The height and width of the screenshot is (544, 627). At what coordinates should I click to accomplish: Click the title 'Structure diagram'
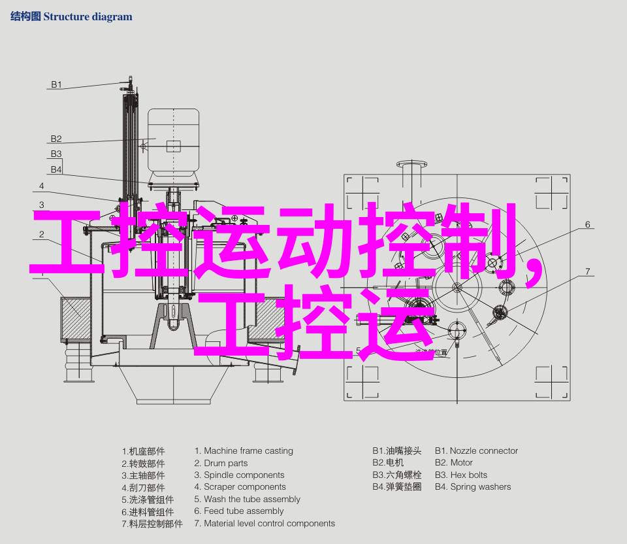(88, 17)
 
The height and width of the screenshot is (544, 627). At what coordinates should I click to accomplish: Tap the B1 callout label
(56, 84)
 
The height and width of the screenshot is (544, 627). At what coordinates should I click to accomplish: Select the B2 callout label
(56, 139)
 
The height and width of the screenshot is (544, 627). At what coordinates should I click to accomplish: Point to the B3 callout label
(56, 154)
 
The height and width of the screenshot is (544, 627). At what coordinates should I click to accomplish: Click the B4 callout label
(56, 169)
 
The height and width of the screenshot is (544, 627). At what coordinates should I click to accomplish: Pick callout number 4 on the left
(42, 186)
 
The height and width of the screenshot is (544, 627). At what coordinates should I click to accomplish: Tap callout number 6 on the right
(587, 224)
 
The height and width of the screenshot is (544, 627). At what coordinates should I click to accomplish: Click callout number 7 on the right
(587, 271)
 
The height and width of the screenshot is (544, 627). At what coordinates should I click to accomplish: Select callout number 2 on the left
(42, 234)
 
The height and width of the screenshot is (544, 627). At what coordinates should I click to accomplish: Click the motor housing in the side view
(173, 143)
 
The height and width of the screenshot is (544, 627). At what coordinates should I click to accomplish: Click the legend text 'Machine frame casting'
(248, 450)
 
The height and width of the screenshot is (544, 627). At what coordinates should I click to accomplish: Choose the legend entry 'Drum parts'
(225, 463)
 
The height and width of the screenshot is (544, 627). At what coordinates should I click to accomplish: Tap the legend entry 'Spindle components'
(244, 475)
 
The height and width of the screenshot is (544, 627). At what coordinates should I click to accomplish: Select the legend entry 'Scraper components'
(245, 486)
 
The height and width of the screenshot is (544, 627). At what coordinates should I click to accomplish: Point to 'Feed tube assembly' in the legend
(244, 511)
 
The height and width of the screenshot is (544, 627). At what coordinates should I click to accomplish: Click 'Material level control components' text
(270, 524)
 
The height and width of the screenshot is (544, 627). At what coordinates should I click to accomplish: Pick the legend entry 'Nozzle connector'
(484, 450)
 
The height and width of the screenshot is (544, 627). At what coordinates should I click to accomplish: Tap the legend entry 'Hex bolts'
(469, 475)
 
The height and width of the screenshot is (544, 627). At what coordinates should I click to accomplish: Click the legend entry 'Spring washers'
(481, 487)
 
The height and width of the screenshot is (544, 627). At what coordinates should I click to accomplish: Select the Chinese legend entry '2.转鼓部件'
(143, 464)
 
